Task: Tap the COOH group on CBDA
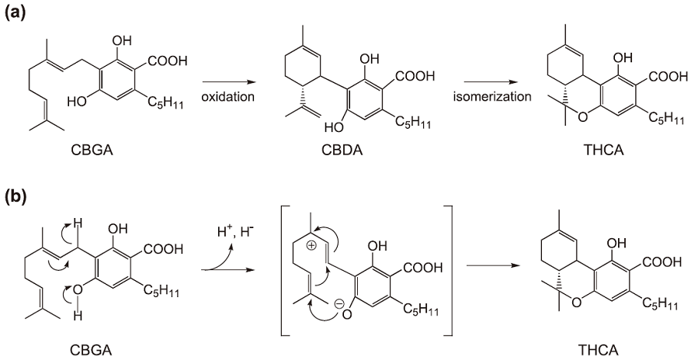coord(413,78)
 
